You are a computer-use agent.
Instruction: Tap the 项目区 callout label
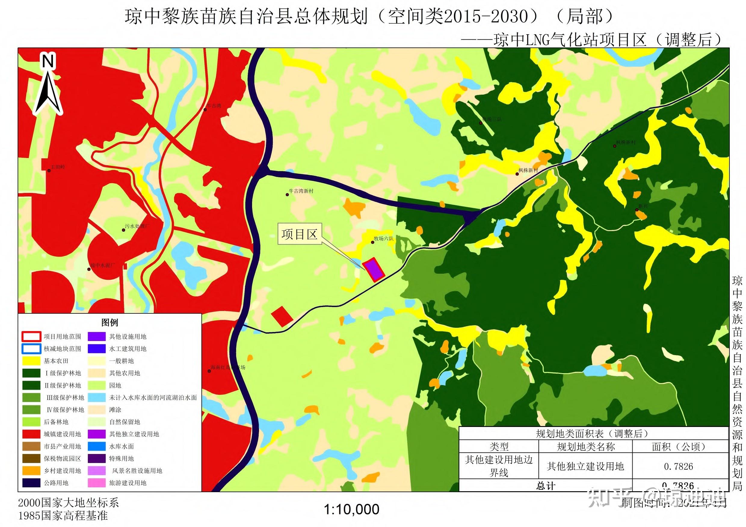pos(299,234)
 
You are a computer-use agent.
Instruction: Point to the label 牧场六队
pos(384,239)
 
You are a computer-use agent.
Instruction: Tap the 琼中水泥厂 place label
pos(103,265)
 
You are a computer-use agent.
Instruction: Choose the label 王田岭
pos(58,167)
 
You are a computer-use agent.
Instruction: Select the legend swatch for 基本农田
pos(31,361)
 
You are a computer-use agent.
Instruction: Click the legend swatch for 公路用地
pos(31,483)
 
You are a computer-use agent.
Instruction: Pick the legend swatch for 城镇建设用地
pos(31,434)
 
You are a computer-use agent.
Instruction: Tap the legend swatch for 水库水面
pos(97,446)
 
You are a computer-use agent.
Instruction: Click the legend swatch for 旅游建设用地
pos(97,483)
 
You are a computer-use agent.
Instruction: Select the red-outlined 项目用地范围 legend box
pos(31,337)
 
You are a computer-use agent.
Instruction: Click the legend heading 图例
pos(109,323)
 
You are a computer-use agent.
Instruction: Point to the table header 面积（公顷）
pos(680,447)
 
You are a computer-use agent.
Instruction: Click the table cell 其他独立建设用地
pos(585,466)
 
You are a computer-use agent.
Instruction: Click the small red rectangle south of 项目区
pos(282,316)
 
